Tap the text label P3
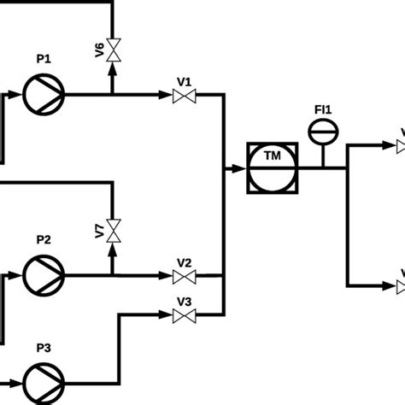(x=44, y=348)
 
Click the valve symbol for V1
(x=183, y=97)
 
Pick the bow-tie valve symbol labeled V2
(x=183, y=276)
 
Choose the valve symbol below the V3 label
(x=183, y=316)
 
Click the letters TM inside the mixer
(x=273, y=156)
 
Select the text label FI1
(x=323, y=109)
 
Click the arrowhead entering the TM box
(x=238, y=168)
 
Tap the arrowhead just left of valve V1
(x=166, y=96)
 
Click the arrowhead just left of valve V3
(x=166, y=315)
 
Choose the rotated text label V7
(x=99, y=230)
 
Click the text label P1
(x=44, y=59)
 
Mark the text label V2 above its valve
(x=184, y=261)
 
